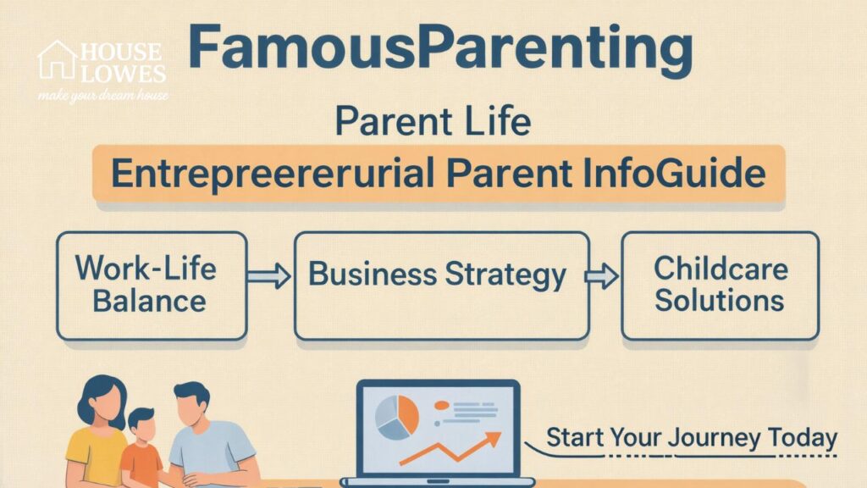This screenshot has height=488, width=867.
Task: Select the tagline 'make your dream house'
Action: click(102, 95)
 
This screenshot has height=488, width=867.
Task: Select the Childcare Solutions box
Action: click(720, 285)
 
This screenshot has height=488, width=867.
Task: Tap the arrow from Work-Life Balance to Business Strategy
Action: click(269, 276)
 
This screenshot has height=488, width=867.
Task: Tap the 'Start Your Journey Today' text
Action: click(691, 439)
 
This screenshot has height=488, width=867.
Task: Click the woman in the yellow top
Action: click(95, 432)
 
